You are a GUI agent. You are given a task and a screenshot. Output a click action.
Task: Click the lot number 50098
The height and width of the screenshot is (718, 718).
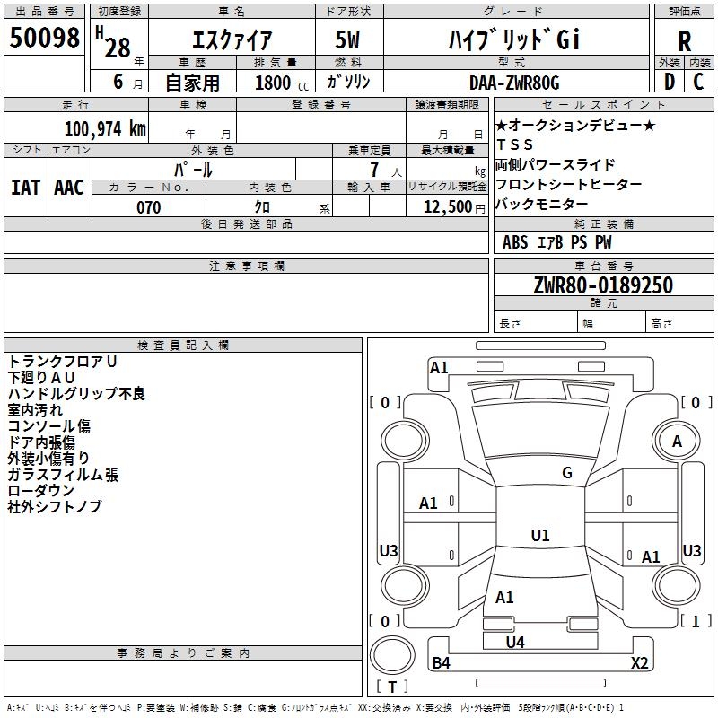pos(44,37)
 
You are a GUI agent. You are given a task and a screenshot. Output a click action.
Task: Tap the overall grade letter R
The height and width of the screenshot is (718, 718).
pos(684,41)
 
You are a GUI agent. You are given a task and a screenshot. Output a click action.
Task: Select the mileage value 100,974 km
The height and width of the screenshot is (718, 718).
pos(105,129)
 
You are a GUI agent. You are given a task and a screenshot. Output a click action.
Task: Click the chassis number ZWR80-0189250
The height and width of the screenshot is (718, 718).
pos(603,285)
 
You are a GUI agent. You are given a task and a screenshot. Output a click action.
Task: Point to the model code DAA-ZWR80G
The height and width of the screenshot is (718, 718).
pos(514,83)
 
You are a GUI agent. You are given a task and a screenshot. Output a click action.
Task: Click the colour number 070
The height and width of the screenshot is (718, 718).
pos(149,207)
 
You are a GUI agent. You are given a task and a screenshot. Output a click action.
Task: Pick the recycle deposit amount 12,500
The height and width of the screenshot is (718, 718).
pos(447,207)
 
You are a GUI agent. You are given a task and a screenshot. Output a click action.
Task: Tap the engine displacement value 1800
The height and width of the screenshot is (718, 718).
pos(273,83)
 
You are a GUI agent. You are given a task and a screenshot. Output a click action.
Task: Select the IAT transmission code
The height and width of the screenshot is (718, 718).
pos(25,188)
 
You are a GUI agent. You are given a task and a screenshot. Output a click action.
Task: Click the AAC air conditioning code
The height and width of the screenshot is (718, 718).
pos(69,188)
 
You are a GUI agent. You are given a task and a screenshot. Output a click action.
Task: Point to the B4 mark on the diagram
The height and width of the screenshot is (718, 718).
pos(441,662)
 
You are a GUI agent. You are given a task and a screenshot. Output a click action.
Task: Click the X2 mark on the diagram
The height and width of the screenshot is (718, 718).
pos(639,662)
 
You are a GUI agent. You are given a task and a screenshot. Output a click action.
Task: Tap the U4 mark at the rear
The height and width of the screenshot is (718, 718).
pos(515,642)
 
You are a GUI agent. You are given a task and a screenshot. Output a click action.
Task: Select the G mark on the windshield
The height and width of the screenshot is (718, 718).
pos(567,473)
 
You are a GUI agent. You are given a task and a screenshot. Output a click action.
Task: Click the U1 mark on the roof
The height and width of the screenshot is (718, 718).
pos(540,535)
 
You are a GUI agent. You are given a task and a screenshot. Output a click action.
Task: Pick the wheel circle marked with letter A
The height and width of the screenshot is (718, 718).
pos(677,418)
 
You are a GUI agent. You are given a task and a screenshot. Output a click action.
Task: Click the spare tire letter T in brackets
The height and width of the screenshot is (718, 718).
pos(392,687)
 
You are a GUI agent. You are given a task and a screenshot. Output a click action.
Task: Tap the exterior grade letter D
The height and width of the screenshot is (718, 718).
pos(670,82)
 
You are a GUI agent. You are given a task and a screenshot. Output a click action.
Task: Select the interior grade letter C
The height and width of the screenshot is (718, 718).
pos(698,82)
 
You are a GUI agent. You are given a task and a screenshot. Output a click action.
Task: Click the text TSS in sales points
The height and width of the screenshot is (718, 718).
pos(514,144)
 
